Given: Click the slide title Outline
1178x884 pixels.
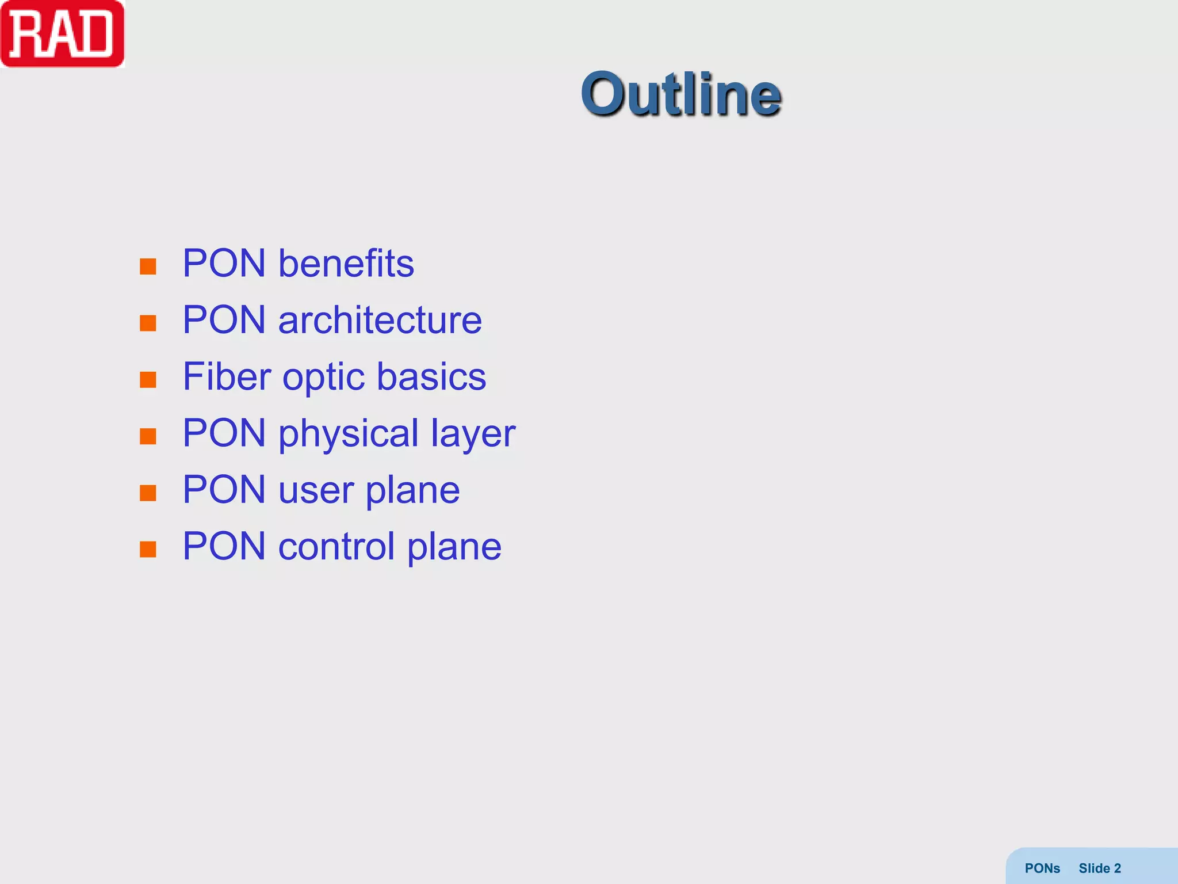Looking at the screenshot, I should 681,94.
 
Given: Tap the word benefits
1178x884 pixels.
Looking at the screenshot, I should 346,264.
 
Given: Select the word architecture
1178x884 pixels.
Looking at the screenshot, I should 380,320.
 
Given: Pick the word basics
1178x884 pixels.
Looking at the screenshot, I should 431,376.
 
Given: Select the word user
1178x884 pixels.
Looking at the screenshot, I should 315,490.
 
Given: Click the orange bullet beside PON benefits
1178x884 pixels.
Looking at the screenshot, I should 148,266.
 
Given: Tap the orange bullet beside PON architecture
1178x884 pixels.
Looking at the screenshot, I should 148,323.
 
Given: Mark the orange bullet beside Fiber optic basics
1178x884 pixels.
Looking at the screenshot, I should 148,379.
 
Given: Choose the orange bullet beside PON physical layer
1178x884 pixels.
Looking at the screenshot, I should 148,436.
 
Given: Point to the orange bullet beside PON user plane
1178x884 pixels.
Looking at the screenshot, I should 148,493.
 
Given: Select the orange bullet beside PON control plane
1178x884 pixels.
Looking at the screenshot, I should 148,549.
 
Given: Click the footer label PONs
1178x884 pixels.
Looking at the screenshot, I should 1042,868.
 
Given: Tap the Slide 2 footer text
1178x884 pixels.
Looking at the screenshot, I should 1100,868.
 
